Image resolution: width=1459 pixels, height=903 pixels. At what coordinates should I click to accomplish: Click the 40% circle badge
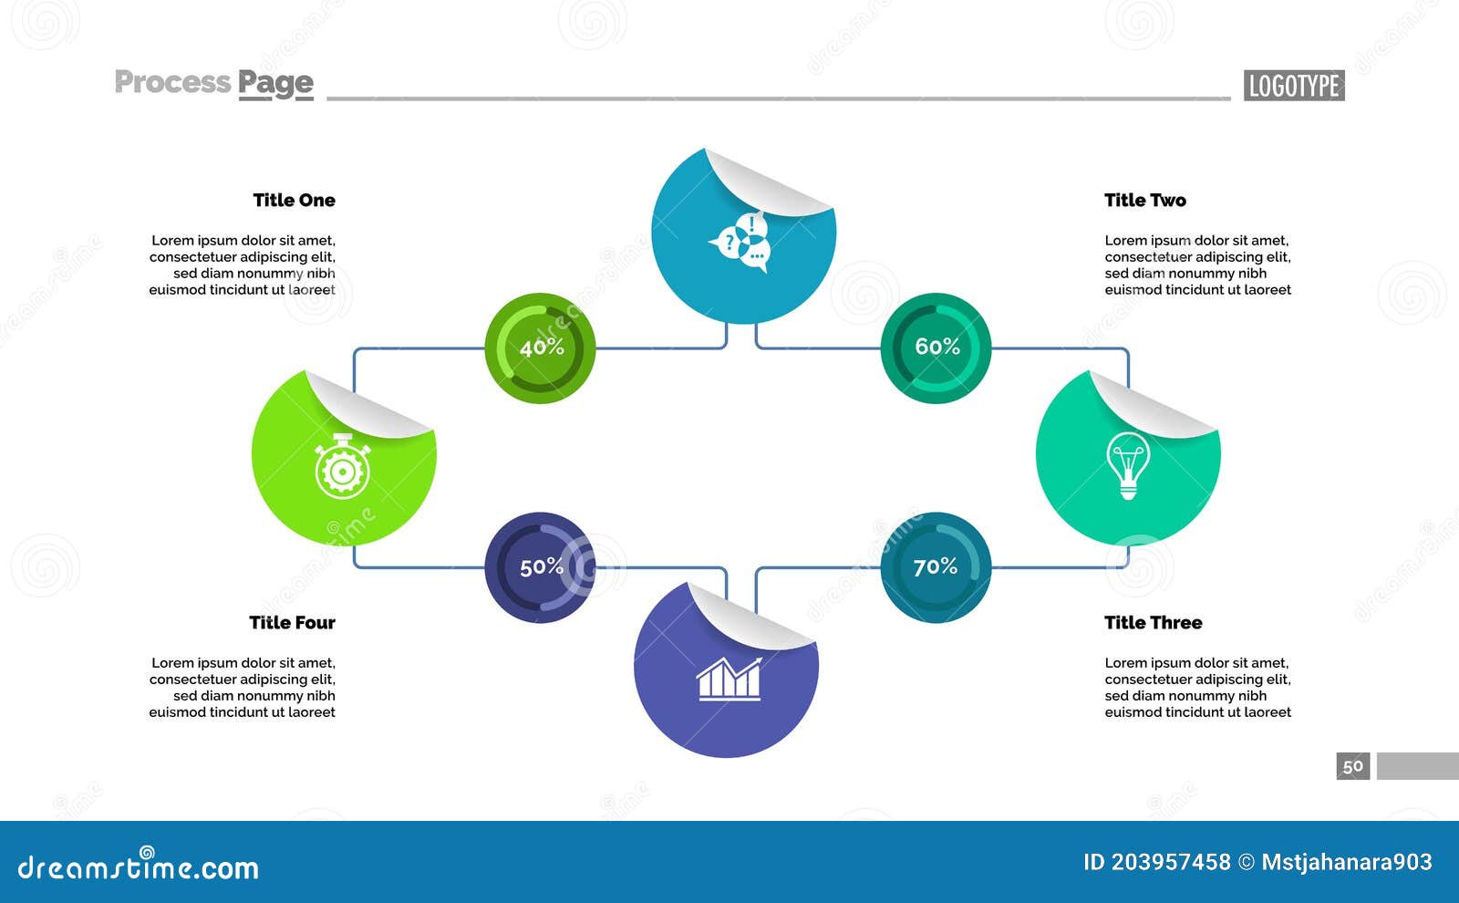coord(540,348)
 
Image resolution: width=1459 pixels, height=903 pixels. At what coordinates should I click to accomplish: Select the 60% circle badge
coord(936,348)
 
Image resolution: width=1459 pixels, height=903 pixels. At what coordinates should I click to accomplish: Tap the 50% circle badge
coord(540,567)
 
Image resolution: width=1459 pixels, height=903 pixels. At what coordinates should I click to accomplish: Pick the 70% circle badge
coord(936,567)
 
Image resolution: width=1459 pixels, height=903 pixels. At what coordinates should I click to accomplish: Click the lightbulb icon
coord(1128,464)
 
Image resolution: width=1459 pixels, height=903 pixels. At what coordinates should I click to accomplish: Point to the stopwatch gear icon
coord(342,466)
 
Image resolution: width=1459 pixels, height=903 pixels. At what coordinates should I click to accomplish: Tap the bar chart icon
coord(729,679)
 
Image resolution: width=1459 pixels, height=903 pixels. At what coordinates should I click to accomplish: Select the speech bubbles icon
coord(741,243)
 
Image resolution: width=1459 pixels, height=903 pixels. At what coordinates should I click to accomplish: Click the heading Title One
coord(294,200)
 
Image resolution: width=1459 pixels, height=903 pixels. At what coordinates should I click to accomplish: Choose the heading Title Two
coord(1145,200)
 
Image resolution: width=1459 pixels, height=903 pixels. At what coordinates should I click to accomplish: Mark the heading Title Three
coord(1153,622)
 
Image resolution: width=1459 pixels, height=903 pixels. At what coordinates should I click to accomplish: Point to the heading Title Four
coord(292,622)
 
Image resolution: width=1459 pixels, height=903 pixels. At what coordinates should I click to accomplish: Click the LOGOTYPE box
coord(1293,86)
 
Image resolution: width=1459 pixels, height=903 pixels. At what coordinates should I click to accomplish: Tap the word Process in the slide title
coord(172,82)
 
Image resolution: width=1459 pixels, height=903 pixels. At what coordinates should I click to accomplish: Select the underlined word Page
coord(275,84)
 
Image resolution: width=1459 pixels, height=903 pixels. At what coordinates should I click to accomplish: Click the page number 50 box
coord(1353,766)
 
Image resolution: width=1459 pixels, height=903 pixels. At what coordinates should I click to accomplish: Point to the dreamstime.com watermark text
coord(138,867)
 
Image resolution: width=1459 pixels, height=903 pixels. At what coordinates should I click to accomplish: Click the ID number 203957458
coord(1170,862)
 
